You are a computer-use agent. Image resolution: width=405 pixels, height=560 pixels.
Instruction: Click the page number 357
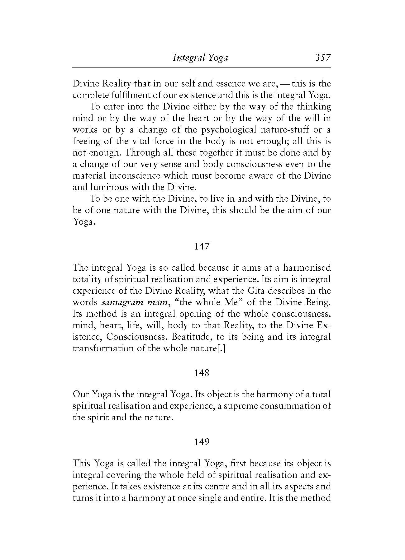pos(322,58)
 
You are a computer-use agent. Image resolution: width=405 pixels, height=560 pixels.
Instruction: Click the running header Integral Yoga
pos(200,58)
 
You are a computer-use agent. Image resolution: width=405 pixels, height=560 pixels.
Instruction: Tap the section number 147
pos(202,246)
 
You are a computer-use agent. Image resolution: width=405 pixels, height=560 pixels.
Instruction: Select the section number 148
pos(202,373)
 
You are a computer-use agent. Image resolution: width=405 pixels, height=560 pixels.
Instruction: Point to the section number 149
pos(202,442)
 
